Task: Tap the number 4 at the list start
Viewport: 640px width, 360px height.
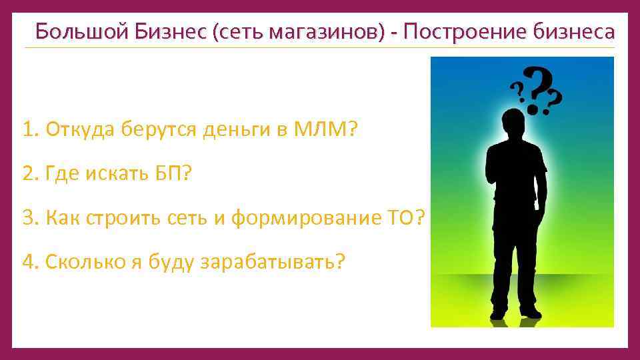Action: [x=27, y=261]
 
